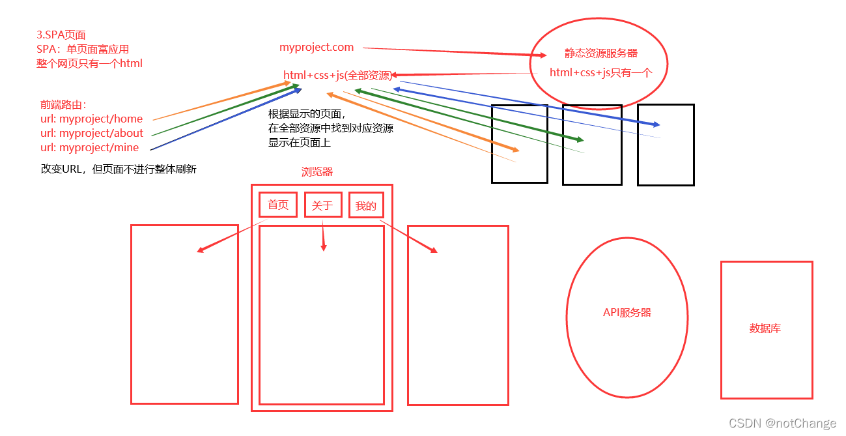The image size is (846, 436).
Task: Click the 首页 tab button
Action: (278, 205)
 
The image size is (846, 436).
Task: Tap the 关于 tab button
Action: (322, 205)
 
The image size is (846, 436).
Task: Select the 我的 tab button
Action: (366, 206)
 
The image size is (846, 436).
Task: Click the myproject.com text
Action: (317, 47)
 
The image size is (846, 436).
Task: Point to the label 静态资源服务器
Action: (600, 53)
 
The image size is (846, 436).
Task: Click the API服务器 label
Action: (627, 312)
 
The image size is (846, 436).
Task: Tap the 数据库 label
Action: (765, 328)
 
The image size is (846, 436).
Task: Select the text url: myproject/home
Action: (91, 119)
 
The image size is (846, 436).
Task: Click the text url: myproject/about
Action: (92, 133)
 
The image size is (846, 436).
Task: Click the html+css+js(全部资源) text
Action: (337, 76)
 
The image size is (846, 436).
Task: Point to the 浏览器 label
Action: (317, 172)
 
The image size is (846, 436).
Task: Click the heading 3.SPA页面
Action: (61, 35)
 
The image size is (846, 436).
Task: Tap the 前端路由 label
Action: (63, 104)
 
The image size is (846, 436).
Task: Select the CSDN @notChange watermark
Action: (782, 424)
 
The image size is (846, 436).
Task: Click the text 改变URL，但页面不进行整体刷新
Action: (119, 169)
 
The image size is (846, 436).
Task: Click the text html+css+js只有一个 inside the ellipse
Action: (600, 72)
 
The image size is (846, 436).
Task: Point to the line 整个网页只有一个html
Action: (89, 63)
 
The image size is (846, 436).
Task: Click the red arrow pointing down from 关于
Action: (323, 236)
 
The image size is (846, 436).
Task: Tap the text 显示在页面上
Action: (299, 142)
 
